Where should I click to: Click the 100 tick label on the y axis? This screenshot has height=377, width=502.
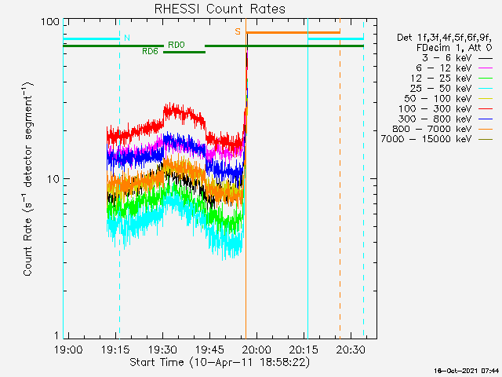pyautogui.click(x=51, y=21)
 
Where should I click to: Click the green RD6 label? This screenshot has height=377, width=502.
pyautogui.click(x=151, y=51)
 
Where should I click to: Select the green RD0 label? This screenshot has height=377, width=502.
pyautogui.click(x=176, y=46)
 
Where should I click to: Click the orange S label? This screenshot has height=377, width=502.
pyautogui.click(x=238, y=32)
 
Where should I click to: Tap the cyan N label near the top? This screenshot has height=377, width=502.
pyautogui.click(x=127, y=38)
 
